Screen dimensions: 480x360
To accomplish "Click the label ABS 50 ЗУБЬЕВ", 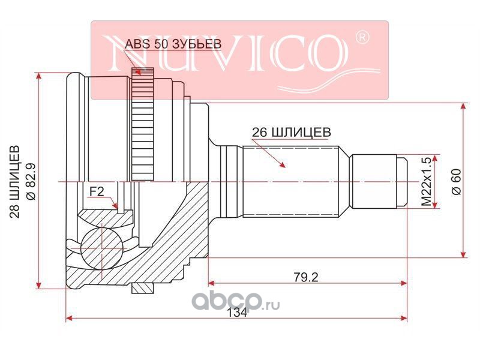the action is [173, 44].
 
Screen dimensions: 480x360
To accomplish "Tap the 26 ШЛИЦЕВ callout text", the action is [292, 132].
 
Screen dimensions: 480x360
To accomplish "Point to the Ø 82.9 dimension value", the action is [31, 182].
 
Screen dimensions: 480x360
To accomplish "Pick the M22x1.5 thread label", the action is [426, 181].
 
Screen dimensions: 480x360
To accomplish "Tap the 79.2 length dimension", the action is [306, 277].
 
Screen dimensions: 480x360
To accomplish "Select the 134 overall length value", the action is [238, 313].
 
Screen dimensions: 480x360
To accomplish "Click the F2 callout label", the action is [97, 192].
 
